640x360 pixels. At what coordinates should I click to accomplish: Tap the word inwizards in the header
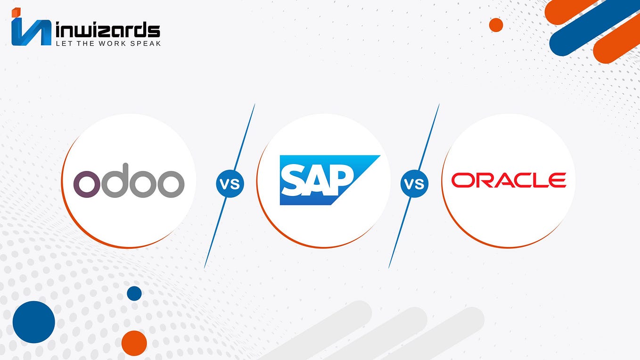coord(107,30)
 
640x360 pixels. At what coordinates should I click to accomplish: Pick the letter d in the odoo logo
coord(116,180)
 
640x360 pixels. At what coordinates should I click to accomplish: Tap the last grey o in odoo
coord(171,183)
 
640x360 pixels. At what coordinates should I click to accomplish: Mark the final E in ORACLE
coord(557,180)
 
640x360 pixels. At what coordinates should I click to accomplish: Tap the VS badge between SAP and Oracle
coord(414,183)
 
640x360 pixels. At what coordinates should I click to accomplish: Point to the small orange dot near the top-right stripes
coord(496,25)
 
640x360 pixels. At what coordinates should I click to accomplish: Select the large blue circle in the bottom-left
coord(34,322)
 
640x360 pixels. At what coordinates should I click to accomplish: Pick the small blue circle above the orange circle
coord(134,293)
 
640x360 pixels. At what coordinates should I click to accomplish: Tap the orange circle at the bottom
coord(134,343)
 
